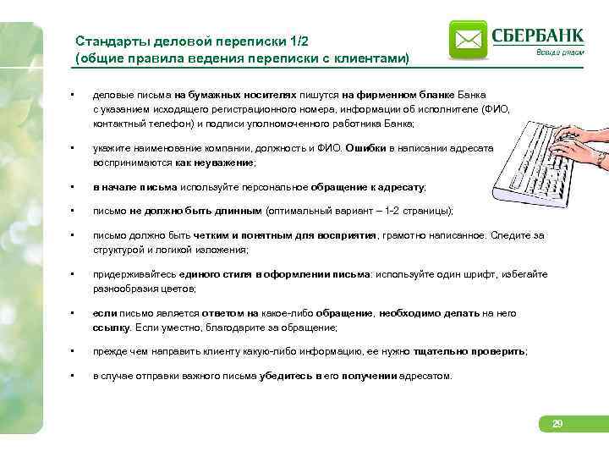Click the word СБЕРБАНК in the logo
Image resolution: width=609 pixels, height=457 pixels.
(x=537, y=35)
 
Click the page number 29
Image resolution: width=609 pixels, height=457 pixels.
(x=557, y=423)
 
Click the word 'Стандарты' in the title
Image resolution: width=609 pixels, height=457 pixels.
(x=107, y=41)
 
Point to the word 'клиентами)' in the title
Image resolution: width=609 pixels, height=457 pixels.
(x=370, y=58)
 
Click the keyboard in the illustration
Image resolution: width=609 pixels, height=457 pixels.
(x=541, y=161)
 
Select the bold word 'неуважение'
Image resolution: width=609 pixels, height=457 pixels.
(x=226, y=162)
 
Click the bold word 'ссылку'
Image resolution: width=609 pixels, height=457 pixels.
(x=111, y=327)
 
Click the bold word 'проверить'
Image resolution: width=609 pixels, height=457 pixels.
(x=501, y=350)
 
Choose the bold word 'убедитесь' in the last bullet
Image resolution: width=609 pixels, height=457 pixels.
(x=288, y=376)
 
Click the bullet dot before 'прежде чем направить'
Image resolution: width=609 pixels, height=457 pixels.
(x=75, y=350)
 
